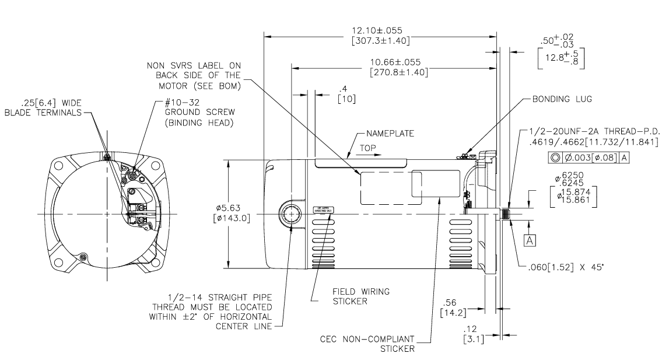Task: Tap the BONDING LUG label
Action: point(561,100)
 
